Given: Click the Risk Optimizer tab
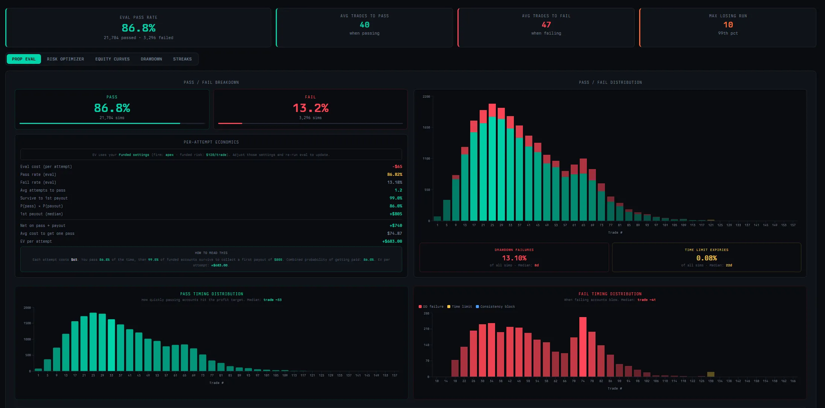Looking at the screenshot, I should click(x=65, y=59).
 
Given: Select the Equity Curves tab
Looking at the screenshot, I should click(x=112, y=59).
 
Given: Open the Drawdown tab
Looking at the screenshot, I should click(x=151, y=59).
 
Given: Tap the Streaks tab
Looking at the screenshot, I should click(x=182, y=59).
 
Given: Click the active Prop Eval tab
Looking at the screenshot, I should click(x=24, y=59).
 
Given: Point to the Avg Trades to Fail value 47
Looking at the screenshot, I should click(x=546, y=25).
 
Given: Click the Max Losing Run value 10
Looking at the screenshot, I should click(x=728, y=25).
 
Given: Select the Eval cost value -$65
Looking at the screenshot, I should click(x=397, y=166).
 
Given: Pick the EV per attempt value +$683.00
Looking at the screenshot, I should click(x=392, y=241).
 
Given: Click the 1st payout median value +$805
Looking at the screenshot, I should click(x=395, y=214).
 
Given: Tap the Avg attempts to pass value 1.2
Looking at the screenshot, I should click(x=398, y=190).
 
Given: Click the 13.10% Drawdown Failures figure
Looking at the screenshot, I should click(x=514, y=258).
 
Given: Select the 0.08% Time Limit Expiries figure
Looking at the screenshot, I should click(x=706, y=258).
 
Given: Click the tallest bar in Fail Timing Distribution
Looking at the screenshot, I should click(x=583, y=346).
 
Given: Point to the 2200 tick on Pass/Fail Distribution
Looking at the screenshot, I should click(x=426, y=97).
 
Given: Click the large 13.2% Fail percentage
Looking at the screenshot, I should click(x=310, y=108).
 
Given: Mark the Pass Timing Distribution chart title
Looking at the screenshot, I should click(x=211, y=294).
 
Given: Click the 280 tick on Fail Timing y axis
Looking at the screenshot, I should click(x=426, y=313).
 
